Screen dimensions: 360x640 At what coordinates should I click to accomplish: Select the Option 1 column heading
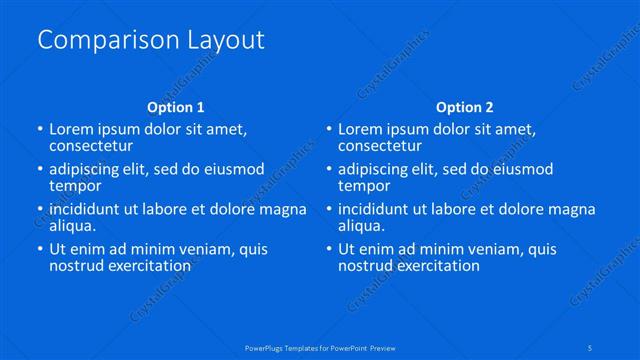175,107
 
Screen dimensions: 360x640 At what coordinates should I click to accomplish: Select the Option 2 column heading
465,107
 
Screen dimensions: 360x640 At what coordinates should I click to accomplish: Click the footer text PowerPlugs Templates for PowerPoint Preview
320,347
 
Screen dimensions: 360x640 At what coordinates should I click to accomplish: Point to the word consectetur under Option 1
91,146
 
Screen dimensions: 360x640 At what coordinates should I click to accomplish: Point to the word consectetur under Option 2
380,146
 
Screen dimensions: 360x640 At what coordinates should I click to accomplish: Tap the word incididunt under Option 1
91,209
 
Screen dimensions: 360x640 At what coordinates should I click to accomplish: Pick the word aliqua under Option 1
72,226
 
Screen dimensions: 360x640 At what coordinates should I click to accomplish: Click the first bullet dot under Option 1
40,130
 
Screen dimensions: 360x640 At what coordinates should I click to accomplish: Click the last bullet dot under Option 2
329,250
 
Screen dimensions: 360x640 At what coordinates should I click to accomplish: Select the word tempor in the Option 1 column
74,186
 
